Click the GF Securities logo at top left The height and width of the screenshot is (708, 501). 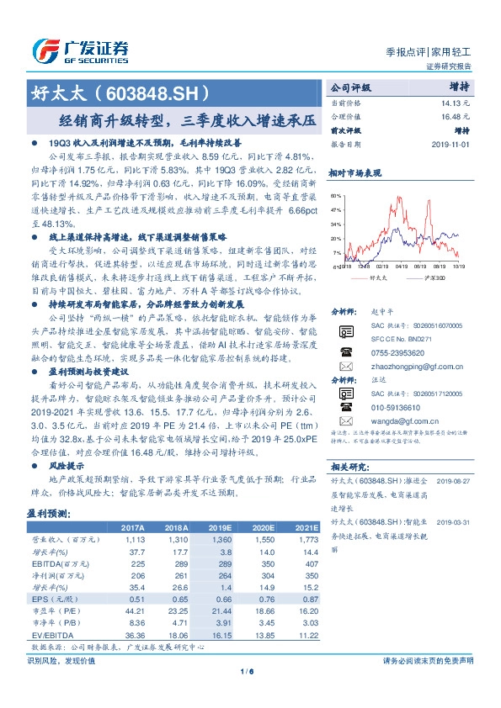80,46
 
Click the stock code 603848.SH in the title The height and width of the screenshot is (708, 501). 155,90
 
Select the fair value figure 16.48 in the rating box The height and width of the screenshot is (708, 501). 450,117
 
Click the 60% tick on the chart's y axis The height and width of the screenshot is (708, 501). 337,195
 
